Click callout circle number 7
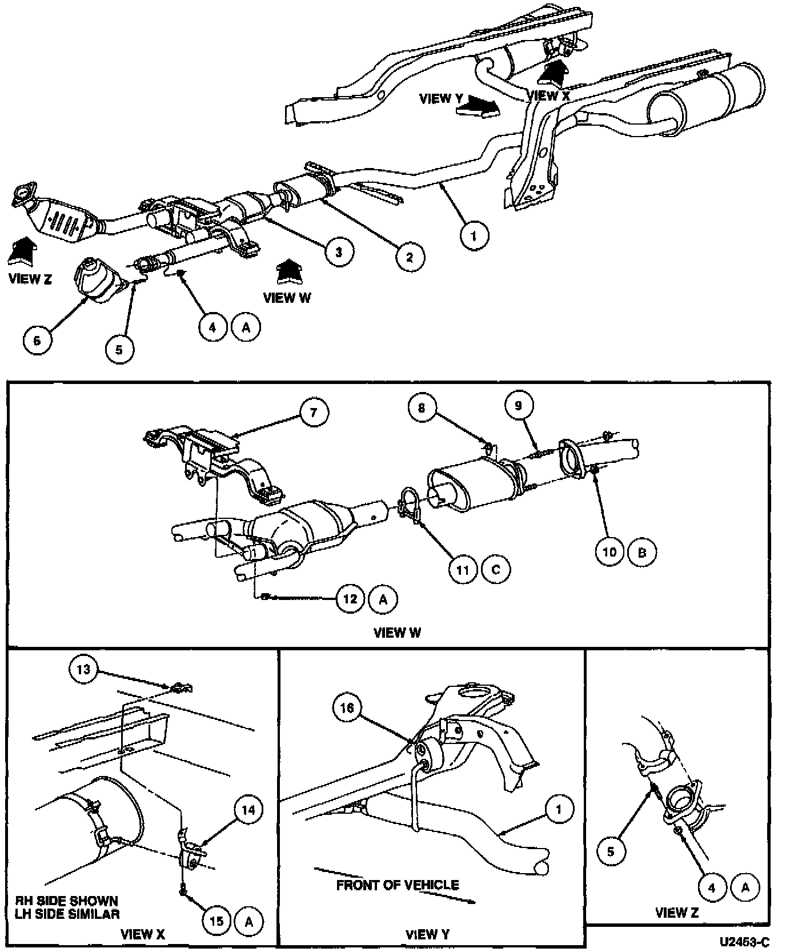pos(313,412)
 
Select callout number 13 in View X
pos(84,669)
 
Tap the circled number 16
pos(347,709)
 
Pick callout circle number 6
pos(38,341)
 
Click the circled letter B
pos(642,552)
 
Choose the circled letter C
pos(496,569)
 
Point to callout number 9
pos(519,405)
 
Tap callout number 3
pos(339,251)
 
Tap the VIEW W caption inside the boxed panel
pos(397,633)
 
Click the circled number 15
pos(216,921)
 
